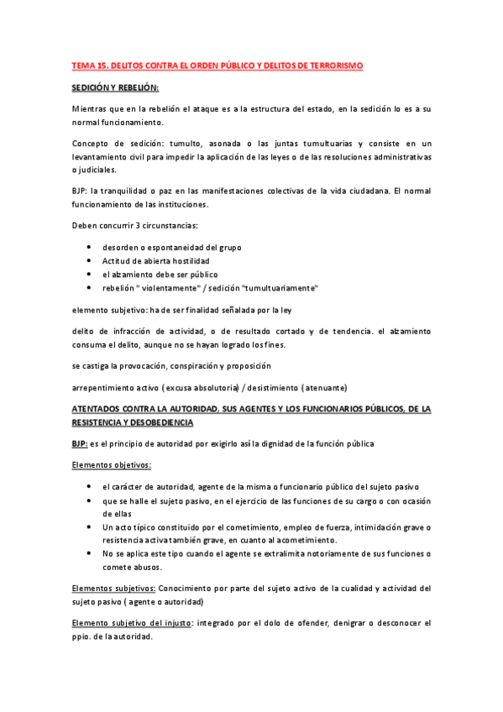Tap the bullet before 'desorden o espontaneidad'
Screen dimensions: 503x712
(x=90, y=248)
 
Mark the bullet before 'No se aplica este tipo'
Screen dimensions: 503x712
(x=90, y=553)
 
